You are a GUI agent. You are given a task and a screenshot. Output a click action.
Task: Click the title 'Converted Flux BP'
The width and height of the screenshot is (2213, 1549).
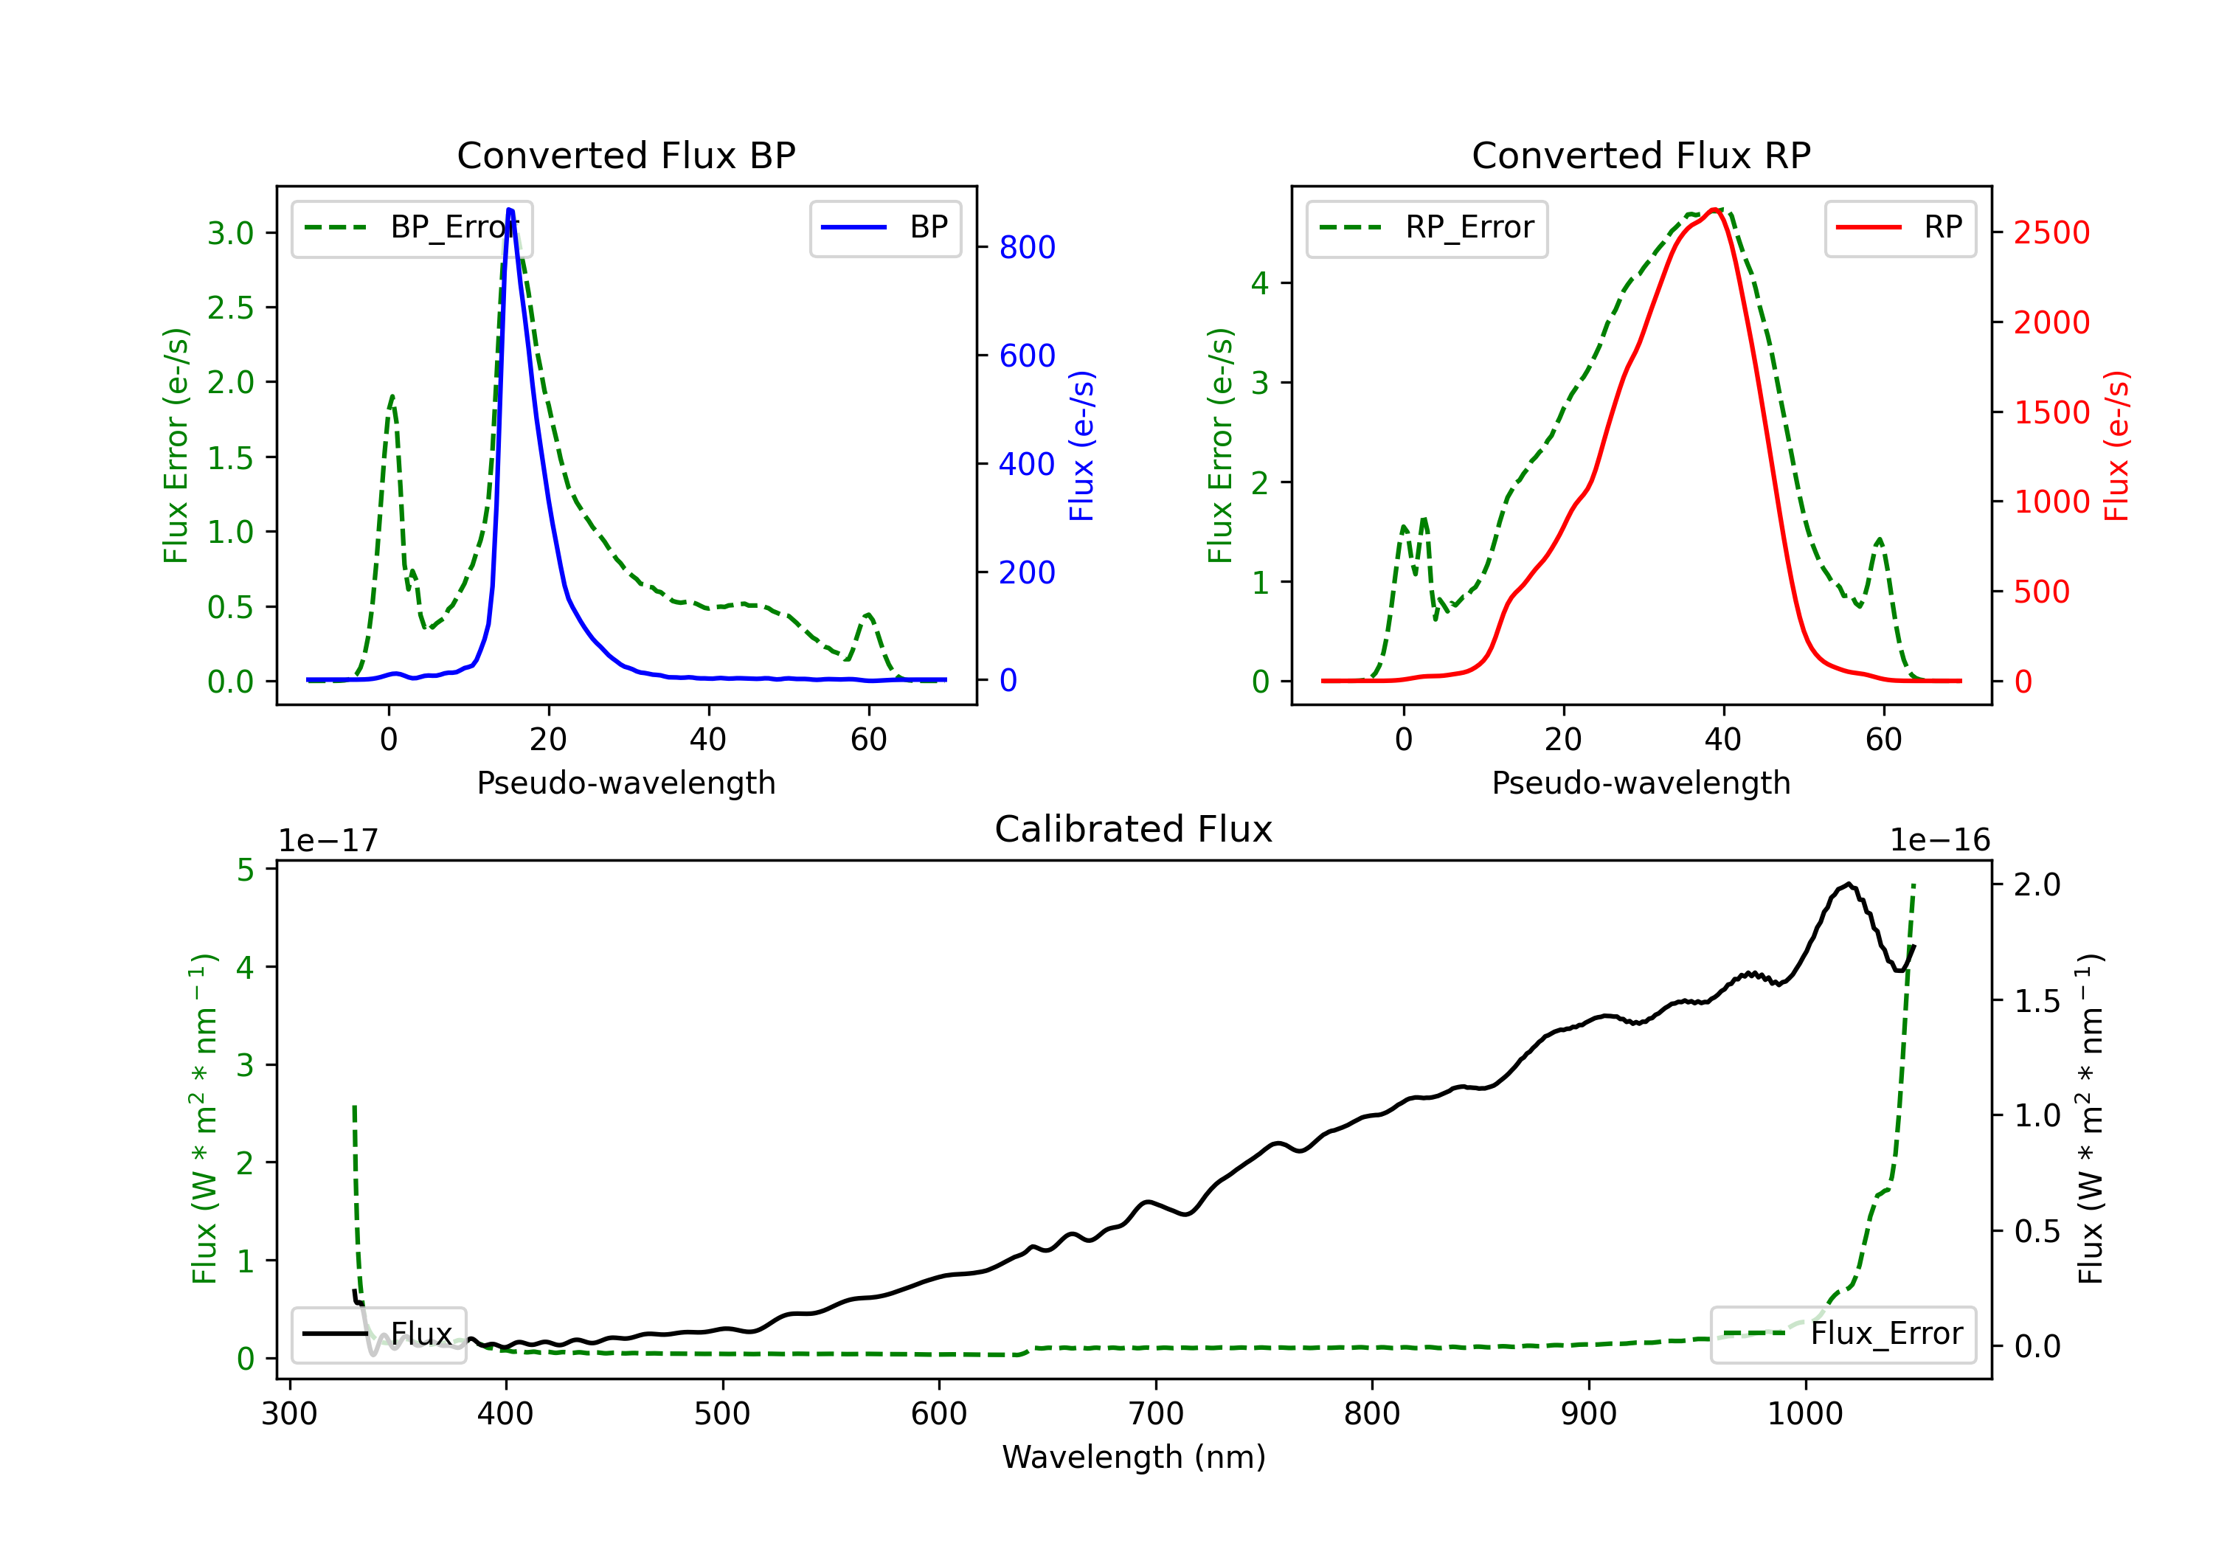626,155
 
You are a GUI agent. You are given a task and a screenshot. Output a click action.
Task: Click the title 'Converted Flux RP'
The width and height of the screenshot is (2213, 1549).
1641,155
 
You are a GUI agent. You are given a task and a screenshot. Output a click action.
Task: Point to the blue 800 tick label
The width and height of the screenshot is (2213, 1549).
1027,248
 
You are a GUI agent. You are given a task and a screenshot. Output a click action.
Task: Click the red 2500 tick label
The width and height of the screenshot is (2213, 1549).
2051,232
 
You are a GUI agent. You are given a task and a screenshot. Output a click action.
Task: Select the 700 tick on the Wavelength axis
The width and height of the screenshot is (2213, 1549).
1156,1414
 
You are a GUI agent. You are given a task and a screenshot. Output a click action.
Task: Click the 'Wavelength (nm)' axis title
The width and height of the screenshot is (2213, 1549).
1134,1457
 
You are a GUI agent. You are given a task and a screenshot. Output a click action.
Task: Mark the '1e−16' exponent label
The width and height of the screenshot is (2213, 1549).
1939,841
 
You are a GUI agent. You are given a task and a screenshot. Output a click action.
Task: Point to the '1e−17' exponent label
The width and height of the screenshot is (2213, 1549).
329,841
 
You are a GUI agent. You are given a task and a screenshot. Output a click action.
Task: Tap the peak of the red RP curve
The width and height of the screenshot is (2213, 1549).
1714,209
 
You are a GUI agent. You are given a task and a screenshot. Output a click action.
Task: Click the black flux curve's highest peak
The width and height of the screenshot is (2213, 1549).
1848,884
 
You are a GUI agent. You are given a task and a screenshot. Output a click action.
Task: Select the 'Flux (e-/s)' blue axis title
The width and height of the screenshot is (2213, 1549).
1081,446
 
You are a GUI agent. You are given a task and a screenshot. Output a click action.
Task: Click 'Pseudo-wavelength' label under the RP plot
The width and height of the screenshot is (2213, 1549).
1641,783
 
